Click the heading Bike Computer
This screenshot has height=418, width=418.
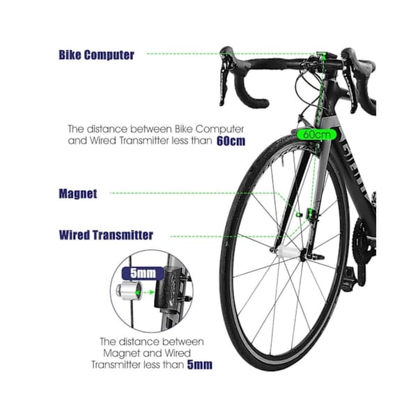click(x=96, y=55)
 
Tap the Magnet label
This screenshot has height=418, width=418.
click(x=78, y=194)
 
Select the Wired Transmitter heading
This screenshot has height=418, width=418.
click(x=106, y=235)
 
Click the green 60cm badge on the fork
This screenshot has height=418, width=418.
click(x=317, y=134)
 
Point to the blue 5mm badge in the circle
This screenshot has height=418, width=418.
click(x=143, y=273)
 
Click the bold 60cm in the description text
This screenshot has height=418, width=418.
click(x=231, y=141)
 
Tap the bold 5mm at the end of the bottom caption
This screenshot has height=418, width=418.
click(x=200, y=364)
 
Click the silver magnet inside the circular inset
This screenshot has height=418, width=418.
click(x=129, y=291)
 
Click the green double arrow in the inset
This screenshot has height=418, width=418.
click(x=145, y=293)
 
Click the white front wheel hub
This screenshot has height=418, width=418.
click(x=288, y=251)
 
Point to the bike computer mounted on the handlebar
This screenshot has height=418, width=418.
click(x=326, y=55)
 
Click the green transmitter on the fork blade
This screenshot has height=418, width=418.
click(x=310, y=214)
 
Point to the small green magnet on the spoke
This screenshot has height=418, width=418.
click(x=300, y=214)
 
